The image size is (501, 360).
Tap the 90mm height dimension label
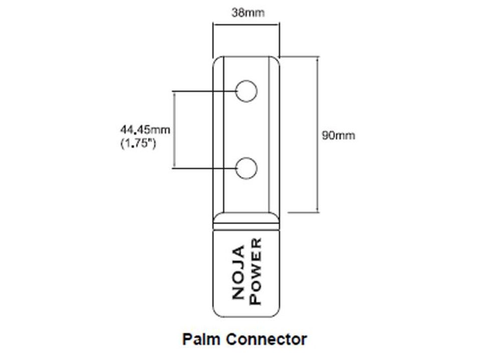pyautogui.click(x=338, y=135)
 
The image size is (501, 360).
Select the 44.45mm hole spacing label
pyautogui.click(x=145, y=130)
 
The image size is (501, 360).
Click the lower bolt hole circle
pyautogui.click(x=247, y=168)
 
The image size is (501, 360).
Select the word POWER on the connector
pyautogui.click(x=256, y=271)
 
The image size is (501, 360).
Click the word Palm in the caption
pyautogui.click(x=201, y=339)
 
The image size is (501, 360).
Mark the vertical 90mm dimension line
pyautogui.click(x=317, y=100)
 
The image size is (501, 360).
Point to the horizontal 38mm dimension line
pyautogui.click(x=246, y=24)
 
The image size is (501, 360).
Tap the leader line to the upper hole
pyautogui.click(x=205, y=92)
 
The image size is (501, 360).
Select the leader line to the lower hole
pyautogui.click(x=205, y=168)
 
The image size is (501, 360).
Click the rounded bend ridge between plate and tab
pyautogui.click(x=246, y=218)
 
